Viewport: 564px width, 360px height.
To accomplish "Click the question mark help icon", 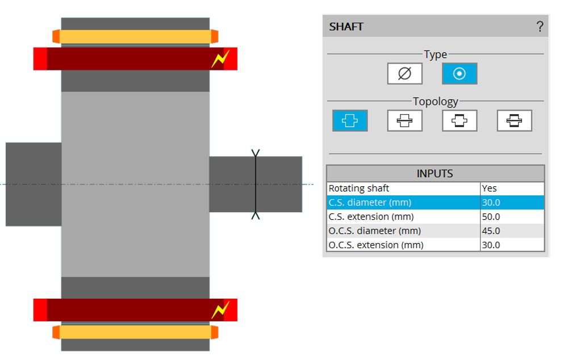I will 540,26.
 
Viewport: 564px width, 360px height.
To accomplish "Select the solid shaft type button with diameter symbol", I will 404,74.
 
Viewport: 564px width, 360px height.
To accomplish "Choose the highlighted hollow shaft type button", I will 459,74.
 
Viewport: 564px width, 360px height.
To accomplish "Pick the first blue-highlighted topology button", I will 350,120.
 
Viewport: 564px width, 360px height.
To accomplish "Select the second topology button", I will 404,120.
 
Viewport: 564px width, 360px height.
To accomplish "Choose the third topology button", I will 459,120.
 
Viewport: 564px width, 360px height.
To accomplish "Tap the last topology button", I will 514,120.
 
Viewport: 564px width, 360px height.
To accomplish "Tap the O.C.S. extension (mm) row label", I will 376,245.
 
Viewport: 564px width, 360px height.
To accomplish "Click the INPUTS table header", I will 435,173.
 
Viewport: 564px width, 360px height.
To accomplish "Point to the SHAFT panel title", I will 346,27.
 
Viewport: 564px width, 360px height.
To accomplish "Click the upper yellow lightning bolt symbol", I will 220,59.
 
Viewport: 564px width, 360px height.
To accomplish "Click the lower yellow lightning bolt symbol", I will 220,310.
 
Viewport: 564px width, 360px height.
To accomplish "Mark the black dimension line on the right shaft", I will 256,184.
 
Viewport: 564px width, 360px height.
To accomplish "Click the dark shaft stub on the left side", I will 34,184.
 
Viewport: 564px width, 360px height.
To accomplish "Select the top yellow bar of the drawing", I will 135,37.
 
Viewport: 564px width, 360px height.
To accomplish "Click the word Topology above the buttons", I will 435,102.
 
